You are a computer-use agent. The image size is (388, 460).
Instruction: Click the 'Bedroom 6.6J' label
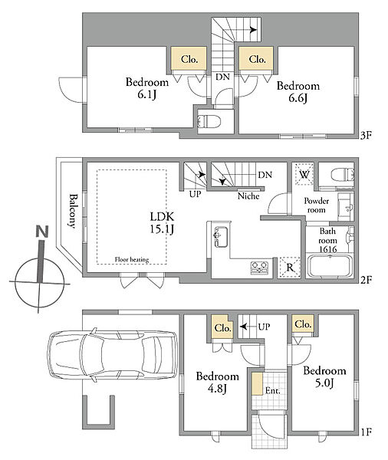click(298, 92)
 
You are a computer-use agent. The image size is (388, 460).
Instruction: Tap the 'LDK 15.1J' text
click(162, 222)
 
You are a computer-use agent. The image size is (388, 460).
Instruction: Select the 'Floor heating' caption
click(132, 259)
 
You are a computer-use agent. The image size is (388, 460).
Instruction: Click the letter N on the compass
click(42, 232)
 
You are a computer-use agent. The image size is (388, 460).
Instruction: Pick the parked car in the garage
click(112, 355)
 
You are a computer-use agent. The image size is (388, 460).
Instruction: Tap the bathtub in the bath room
click(330, 266)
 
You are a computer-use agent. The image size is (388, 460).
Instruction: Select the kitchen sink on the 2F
click(221, 236)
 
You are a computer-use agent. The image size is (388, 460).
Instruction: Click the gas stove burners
click(259, 268)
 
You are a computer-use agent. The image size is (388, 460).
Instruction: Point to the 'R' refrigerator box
click(289, 268)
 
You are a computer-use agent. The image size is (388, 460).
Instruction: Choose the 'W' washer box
click(304, 175)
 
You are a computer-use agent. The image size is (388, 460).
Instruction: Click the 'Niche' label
click(248, 196)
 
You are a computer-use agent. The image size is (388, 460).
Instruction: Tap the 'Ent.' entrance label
click(273, 390)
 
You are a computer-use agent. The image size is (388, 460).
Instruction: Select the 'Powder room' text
click(317, 205)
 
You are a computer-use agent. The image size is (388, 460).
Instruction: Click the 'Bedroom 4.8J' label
click(218, 383)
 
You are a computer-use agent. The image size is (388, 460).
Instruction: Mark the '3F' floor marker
click(367, 135)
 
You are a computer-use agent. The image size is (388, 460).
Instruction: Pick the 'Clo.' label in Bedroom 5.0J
click(303, 324)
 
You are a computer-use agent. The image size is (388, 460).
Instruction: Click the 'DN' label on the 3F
click(223, 77)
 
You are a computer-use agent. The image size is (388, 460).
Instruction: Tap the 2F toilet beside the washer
click(342, 175)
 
